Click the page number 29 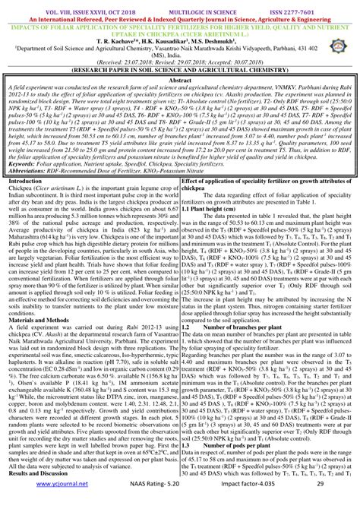321,502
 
